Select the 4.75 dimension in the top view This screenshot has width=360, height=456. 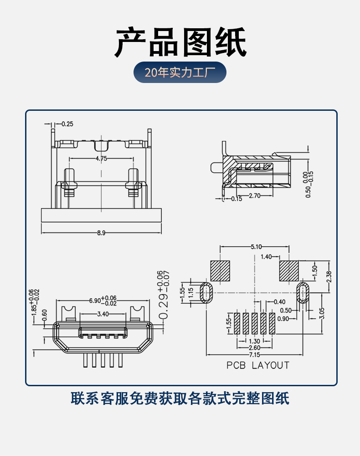tap(101, 159)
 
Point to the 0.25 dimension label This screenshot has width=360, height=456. tap(67, 124)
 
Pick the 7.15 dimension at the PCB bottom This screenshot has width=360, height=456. tap(254, 355)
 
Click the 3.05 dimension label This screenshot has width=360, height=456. tap(322, 312)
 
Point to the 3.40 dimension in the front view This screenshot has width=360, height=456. tap(103, 314)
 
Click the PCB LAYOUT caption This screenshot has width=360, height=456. tap(258, 365)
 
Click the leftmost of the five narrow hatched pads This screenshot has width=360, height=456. tap(237, 323)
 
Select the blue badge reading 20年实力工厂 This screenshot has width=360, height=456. tap(180, 72)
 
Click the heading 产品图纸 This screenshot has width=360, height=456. tap(180, 41)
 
